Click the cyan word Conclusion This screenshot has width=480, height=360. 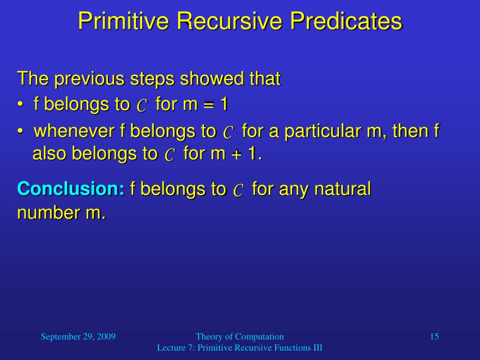coord(71,188)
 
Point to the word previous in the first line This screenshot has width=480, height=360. coord(89,79)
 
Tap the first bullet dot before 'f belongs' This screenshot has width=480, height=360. coord(20,105)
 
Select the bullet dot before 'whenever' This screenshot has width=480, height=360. coord(20,131)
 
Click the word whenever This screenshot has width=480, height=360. coord(74,131)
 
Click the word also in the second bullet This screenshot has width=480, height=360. coord(49,153)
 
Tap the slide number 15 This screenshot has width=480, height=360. coord(435,337)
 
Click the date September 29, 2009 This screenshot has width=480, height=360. coord(78,337)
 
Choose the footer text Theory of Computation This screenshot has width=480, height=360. coord(240,337)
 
